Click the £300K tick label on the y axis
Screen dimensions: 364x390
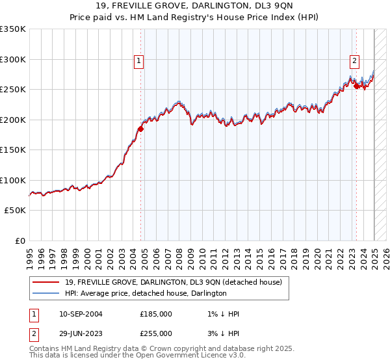pos(12,59)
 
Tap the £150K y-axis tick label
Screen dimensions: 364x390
pos(12,149)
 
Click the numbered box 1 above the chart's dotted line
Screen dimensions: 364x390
pos(139,62)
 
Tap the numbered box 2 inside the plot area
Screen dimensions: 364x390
pos(355,62)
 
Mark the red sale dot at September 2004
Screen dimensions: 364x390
pos(140,129)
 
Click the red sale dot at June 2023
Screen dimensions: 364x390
pos(356,86)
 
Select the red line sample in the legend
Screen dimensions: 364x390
pos(45,282)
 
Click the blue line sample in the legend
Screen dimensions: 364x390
pos(45,293)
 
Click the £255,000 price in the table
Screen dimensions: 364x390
pos(156,333)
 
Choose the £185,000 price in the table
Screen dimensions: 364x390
pos(156,314)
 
